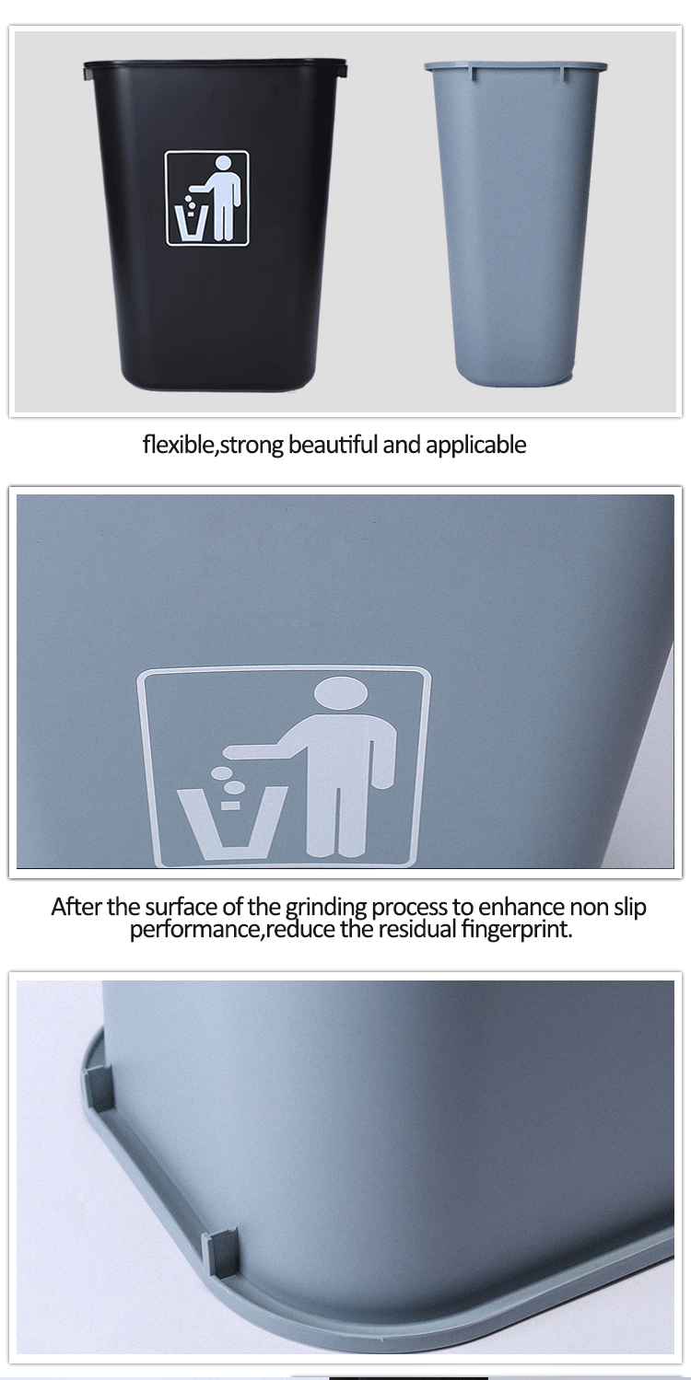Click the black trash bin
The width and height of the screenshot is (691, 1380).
(x=216, y=225)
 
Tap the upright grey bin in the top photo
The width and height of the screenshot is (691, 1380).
(x=515, y=222)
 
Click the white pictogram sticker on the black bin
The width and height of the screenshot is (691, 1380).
(x=207, y=200)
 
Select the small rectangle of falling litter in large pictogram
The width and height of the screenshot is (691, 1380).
(x=230, y=806)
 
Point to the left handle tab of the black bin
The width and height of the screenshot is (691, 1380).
(x=87, y=72)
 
